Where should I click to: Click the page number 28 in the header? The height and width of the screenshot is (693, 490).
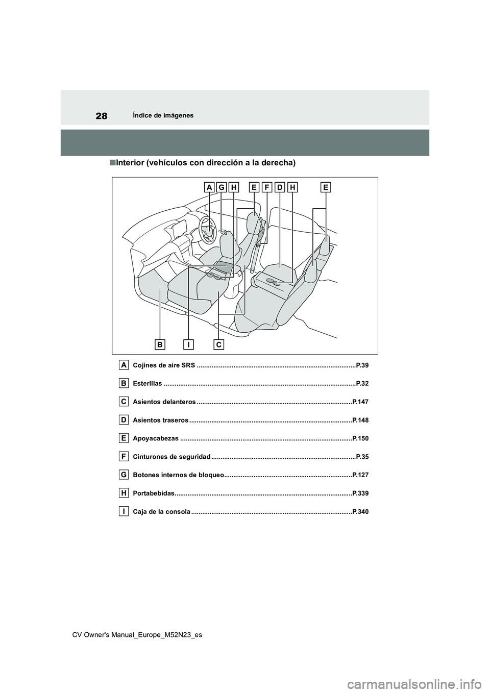[102, 115]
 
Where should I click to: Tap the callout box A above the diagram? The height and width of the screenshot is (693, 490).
[209, 188]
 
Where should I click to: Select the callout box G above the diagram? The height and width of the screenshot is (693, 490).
[222, 188]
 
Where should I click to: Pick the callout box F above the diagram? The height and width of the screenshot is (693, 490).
[267, 188]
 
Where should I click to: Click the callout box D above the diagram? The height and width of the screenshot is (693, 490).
[280, 188]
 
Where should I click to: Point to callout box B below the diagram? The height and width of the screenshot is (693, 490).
[160, 345]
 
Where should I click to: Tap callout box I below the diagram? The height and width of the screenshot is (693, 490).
[189, 345]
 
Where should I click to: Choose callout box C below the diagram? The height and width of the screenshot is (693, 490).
[218, 345]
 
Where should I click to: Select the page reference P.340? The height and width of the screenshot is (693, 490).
[360, 512]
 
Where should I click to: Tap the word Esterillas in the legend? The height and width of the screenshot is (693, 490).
[148, 384]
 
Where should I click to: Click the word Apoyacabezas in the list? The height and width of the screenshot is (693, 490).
[156, 438]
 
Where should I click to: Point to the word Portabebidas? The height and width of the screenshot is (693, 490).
[154, 493]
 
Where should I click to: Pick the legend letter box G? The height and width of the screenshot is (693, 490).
[124, 475]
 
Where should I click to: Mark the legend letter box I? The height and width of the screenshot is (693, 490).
[124, 511]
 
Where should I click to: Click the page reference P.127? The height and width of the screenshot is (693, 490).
[360, 475]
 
